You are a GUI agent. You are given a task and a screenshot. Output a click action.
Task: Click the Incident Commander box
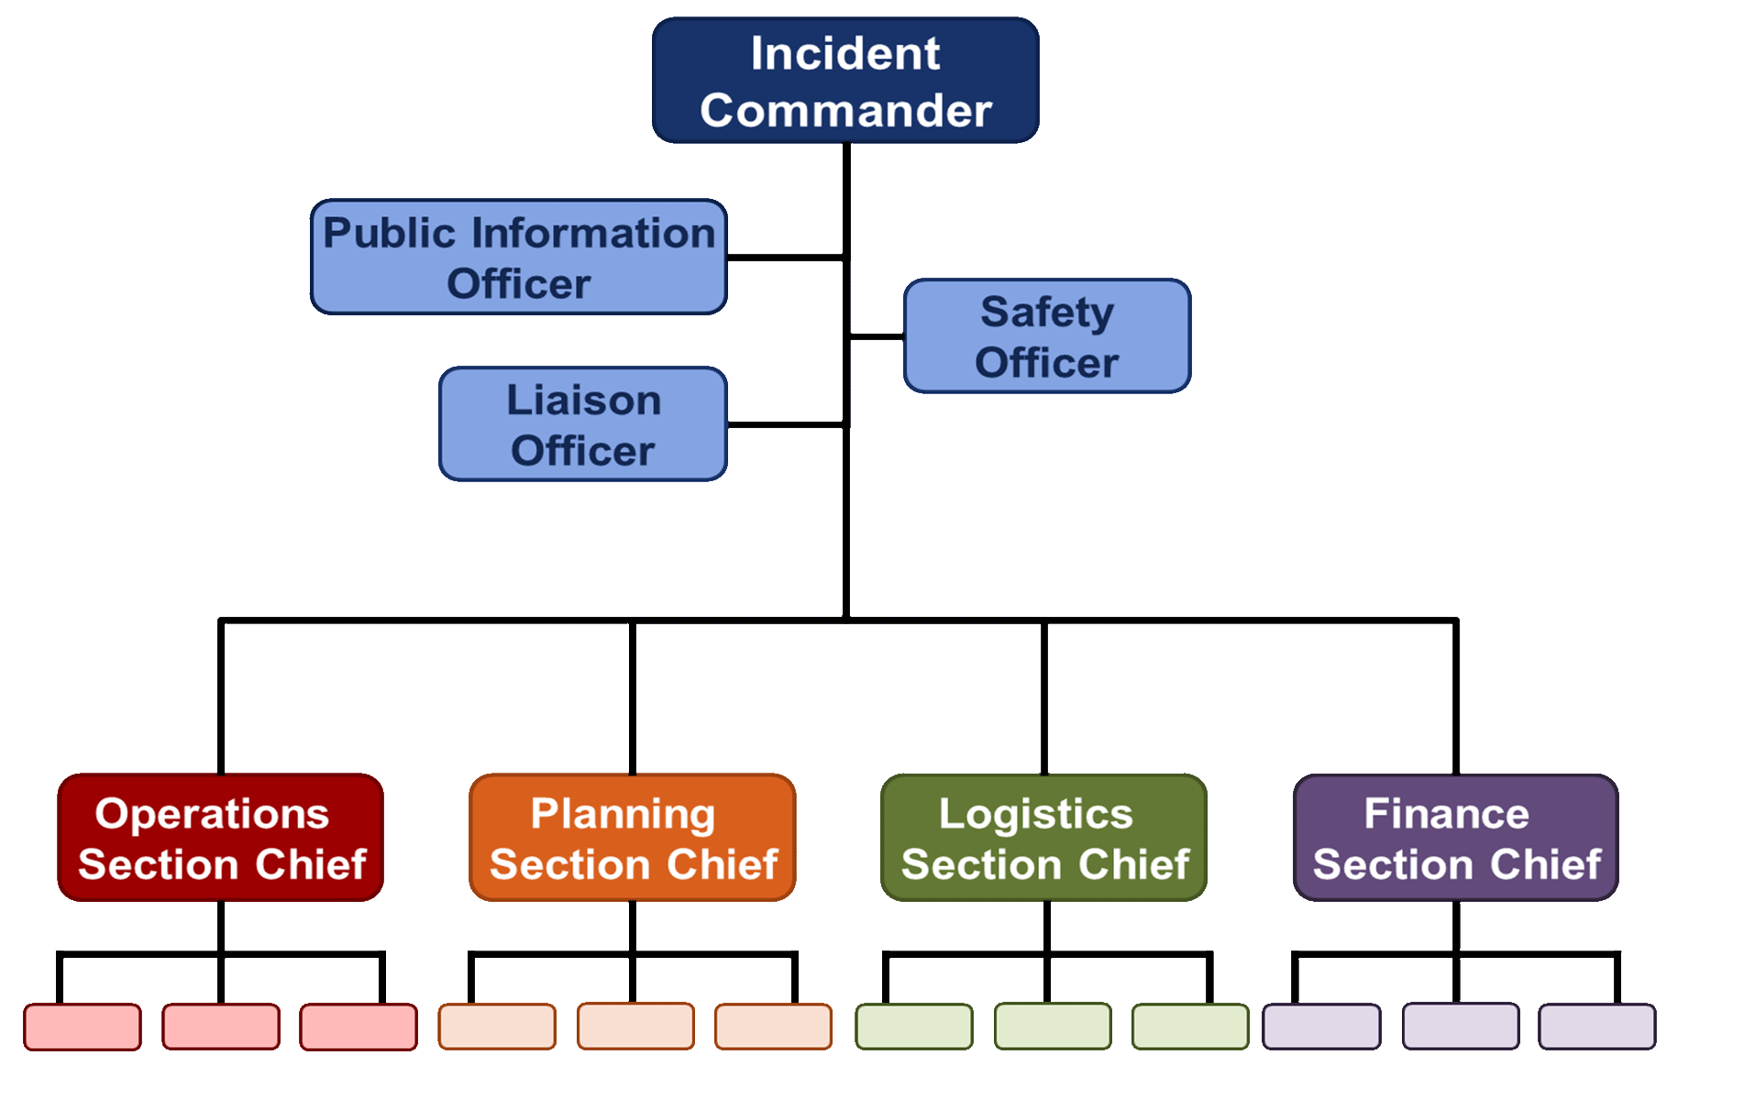[x=844, y=81]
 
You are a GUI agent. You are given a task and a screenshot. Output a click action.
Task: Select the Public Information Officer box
[x=518, y=258]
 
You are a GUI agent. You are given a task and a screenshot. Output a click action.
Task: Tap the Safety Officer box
[x=1046, y=336]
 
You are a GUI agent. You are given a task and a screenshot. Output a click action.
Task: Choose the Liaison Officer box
[x=582, y=424]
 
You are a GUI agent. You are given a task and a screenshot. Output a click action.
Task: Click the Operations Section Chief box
[x=220, y=838]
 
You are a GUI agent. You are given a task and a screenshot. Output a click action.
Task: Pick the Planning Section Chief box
[x=632, y=838]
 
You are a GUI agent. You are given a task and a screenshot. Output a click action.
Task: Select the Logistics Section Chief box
[x=1043, y=838]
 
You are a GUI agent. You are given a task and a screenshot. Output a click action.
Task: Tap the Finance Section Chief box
[x=1455, y=838]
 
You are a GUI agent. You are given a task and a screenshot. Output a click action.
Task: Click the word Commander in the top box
[x=845, y=111]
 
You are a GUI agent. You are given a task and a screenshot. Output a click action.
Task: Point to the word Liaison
[x=583, y=401]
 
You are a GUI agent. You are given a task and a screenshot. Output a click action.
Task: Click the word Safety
[x=1046, y=313]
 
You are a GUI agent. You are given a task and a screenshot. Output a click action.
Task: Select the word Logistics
[x=1035, y=814]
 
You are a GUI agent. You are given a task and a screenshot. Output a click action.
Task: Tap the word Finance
[x=1446, y=814]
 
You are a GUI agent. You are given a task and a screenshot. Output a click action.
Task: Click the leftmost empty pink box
[x=83, y=1027]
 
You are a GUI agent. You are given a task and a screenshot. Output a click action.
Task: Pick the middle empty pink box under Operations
[x=220, y=1027]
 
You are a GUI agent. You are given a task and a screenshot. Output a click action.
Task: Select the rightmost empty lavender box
[x=1596, y=1027]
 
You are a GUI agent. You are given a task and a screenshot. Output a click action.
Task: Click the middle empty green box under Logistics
[x=1052, y=1027]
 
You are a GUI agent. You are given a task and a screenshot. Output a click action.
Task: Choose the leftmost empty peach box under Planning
[x=496, y=1027]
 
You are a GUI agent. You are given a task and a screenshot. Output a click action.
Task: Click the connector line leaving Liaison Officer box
[x=787, y=424]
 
